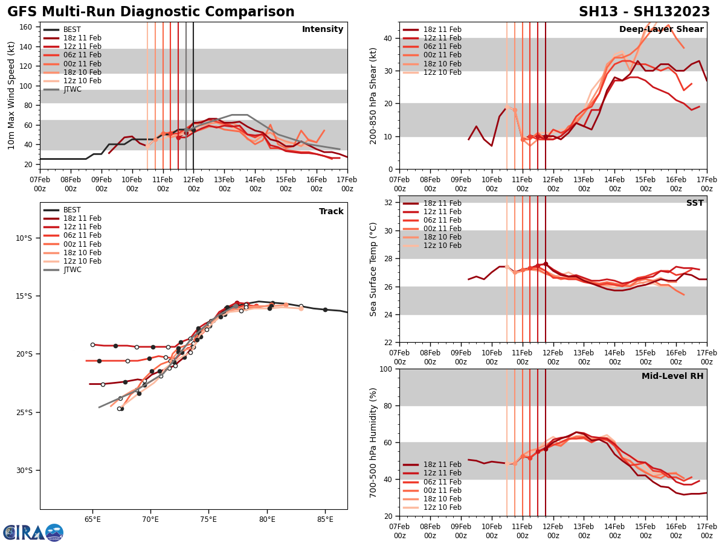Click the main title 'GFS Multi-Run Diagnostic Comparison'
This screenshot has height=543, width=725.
coord(151,12)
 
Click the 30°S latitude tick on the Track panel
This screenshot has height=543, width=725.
coord(24,471)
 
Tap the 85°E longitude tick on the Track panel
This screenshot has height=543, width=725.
coord(325,519)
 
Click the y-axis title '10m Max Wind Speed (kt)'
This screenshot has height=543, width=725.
coord(11,95)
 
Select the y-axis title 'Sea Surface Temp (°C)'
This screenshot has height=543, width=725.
coord(373,269)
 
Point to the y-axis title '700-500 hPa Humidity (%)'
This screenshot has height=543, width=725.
coord(373,443)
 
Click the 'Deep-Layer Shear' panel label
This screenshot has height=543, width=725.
coord(661,30)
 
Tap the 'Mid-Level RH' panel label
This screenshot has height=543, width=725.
coord(672,376)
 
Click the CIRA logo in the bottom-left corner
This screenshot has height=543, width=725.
coord(33,533)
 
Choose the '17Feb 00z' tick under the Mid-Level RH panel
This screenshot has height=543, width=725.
coord(706,531)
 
